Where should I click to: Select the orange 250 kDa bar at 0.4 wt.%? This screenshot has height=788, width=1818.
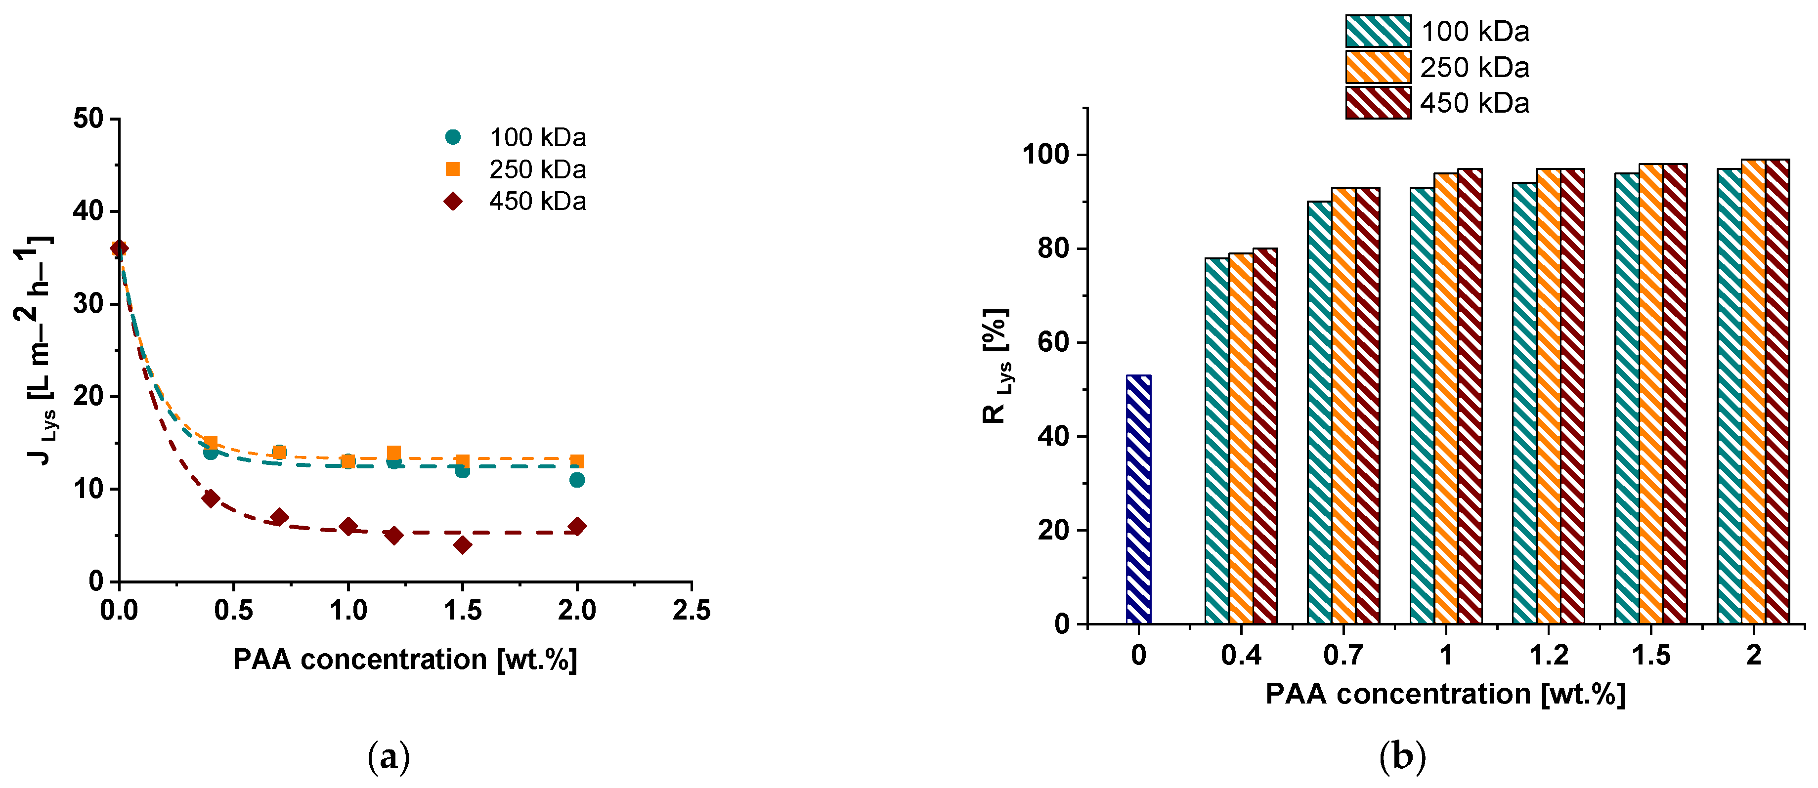tap(1241, 437)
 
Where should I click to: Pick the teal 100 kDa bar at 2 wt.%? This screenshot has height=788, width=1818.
tap(1729, 395)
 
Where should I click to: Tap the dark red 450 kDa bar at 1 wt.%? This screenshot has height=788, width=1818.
tap(1470, 395)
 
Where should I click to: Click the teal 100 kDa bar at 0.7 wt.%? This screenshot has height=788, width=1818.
tap(1320, 413)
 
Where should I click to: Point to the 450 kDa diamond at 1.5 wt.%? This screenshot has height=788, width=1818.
tap(462, 544)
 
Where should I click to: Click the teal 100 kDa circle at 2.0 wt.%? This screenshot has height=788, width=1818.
tap(577, 480)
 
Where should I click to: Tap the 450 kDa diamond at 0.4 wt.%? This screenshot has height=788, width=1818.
tap(210, 498)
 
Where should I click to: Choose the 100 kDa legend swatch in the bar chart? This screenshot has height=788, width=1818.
tap(1378, 31)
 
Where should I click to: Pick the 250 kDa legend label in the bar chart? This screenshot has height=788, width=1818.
tap(1474, 68)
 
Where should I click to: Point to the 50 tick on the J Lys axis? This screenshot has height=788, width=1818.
tap(88, 119)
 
